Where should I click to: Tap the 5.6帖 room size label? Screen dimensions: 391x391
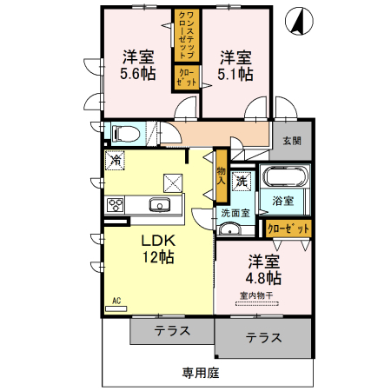tap(137, 75)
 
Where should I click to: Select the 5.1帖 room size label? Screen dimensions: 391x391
tap(235, 75)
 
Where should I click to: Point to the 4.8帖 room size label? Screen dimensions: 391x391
tap(263, 278)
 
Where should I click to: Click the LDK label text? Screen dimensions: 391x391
tap(159, 241)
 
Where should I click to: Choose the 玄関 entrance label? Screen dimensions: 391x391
tap(290, 141)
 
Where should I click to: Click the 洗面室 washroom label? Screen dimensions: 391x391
tap(235, 212)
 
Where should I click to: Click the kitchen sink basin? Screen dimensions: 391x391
tap(160, 206)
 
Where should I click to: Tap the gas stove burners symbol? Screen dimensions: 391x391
tap(116, 206)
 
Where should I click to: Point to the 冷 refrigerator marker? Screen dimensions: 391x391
tap(116, 160)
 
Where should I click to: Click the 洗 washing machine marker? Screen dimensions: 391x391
tap(243, 181)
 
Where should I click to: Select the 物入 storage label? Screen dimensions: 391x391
tap(222, 177)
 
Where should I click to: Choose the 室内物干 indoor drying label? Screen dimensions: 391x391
tap(256, 295)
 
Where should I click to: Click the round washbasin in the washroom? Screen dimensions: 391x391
tap(229, 229)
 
